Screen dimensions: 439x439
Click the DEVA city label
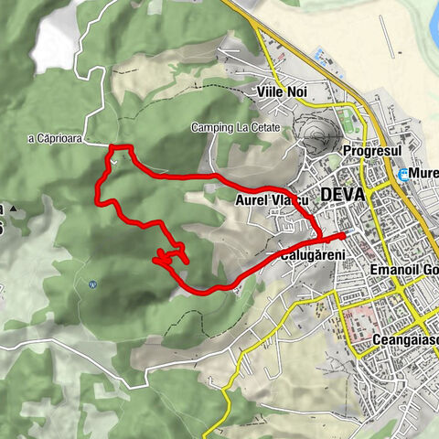point(343,195)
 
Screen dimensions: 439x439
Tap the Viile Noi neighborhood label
point(281,93)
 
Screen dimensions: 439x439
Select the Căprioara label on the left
point(54,138)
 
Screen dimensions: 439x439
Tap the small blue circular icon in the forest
point(92,284)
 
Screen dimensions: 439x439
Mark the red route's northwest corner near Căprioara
point(112,146)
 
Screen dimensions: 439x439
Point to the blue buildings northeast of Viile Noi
point(321,57)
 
